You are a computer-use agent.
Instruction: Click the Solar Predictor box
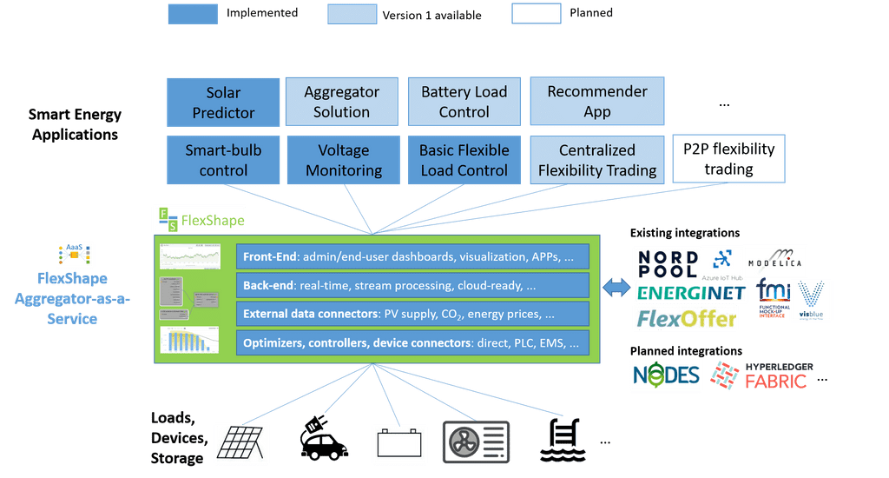pos(223,103)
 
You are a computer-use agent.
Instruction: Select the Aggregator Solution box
pos(341,103)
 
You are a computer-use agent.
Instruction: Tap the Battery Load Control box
pos(464,102)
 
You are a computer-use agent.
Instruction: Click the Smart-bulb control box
pos(223,160)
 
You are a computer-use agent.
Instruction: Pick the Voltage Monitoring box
pos(344,160)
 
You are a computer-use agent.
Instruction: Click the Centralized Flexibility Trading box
pos(597,161)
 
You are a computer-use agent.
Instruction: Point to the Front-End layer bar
pos(412,257)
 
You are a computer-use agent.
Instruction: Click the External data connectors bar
pos(412,314)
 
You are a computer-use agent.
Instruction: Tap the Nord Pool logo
pos(667,263)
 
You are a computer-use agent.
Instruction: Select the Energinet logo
pos(691,293)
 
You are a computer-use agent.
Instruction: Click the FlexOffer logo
pos(686,319)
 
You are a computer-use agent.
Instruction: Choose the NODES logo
pos(665,375)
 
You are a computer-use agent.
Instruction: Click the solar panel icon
pos(241,443)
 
